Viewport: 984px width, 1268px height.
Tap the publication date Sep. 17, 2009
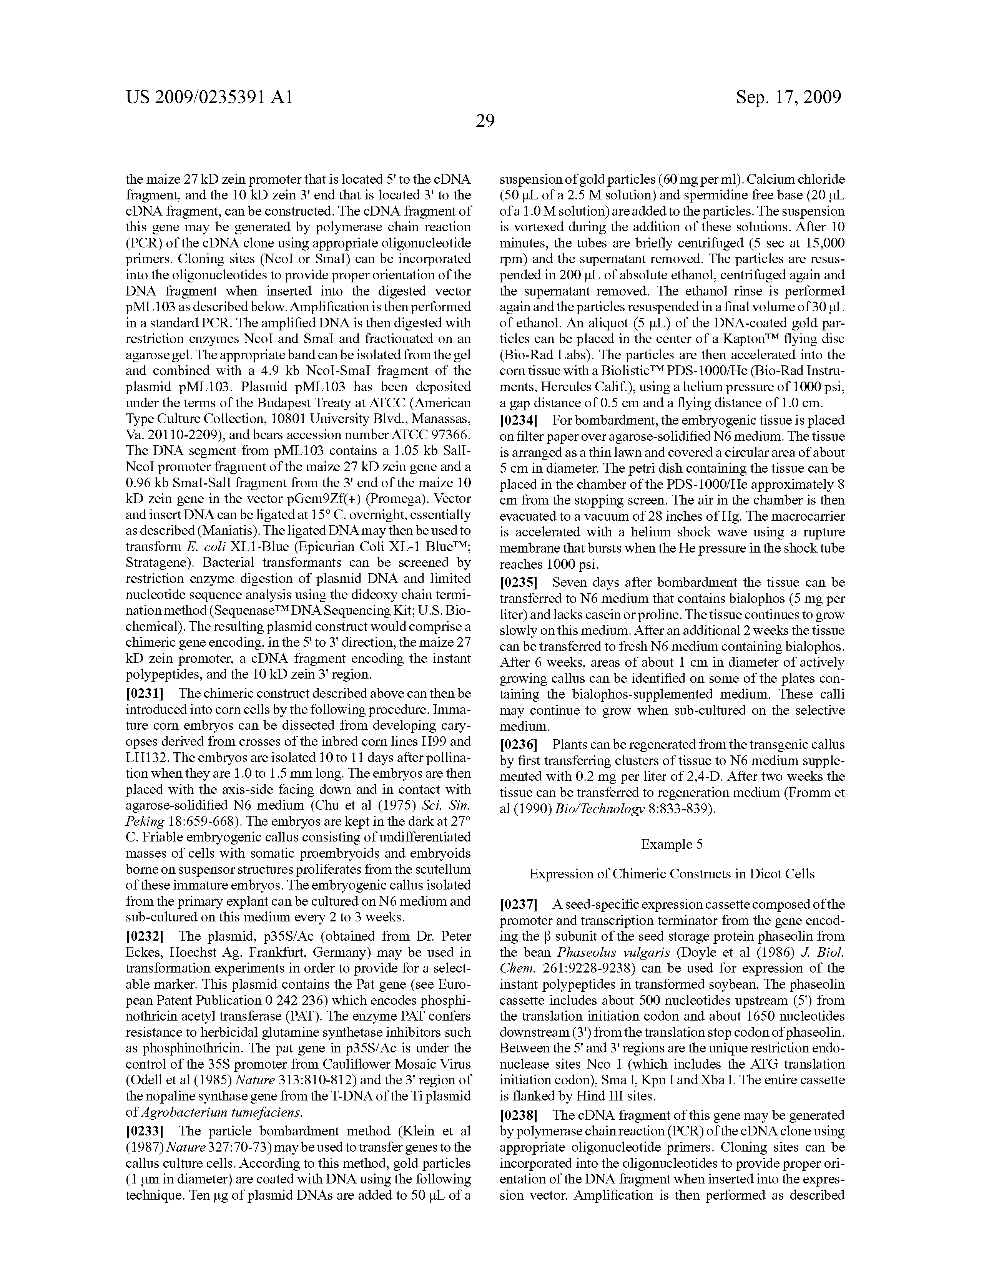(x=788, y=97)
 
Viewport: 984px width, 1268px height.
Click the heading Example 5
(x=672, y=844)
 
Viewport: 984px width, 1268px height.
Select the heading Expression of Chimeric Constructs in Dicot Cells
(x=672, y=874)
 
